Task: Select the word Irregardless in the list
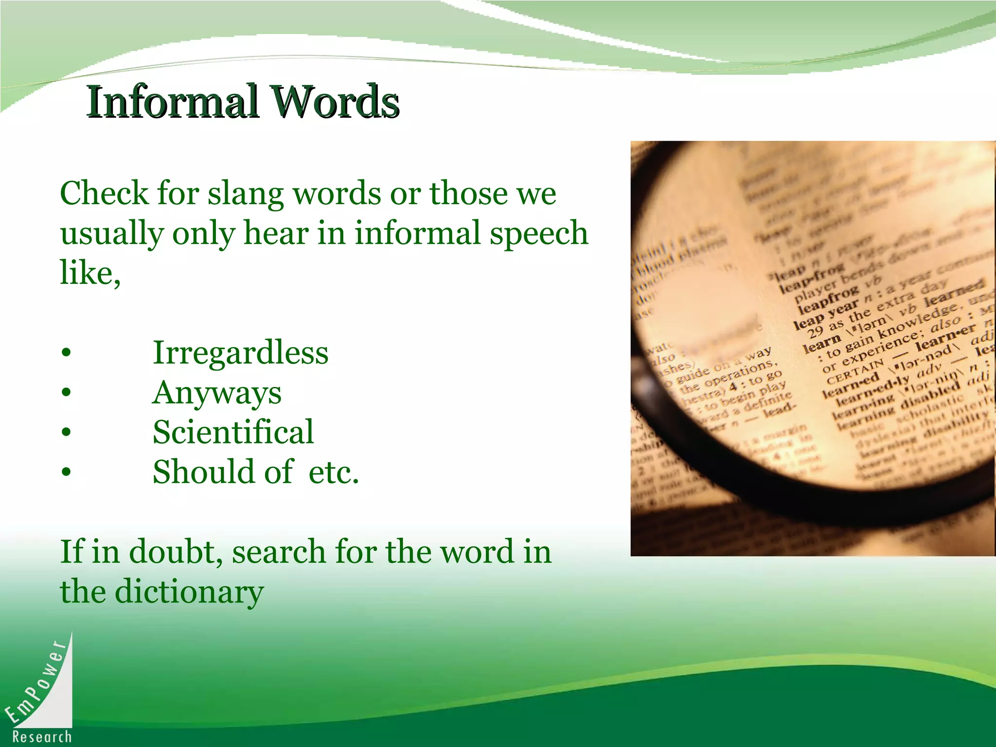point(240,352)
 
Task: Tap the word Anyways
point(217,392)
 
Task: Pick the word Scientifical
point(233,432)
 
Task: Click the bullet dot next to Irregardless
point(67,353)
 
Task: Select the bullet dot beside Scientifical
point(67,432)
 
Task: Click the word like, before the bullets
point(90,273)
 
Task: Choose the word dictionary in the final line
point(189,592)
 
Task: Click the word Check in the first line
point(104,194)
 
